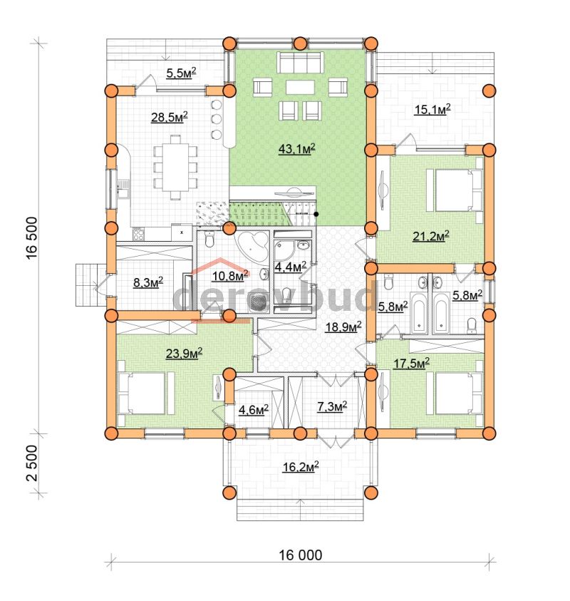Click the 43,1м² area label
point(296,149)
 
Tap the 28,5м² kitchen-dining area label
point(169,117)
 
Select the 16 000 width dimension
point(301,555)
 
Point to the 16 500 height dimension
point(32,238)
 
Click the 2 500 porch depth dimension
point(32,463)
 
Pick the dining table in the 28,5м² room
point(176,167)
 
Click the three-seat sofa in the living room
point(300,63)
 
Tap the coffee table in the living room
point(300,88)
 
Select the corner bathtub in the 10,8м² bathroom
point(253,245)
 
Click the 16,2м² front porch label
point(301,467)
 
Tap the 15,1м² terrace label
point(432,110)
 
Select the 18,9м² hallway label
point(343,327)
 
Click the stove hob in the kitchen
point(138,234)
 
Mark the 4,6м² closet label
point(254,410)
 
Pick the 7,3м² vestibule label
point(332,406)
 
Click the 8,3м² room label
point(148,283)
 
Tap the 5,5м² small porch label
point(181,73)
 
